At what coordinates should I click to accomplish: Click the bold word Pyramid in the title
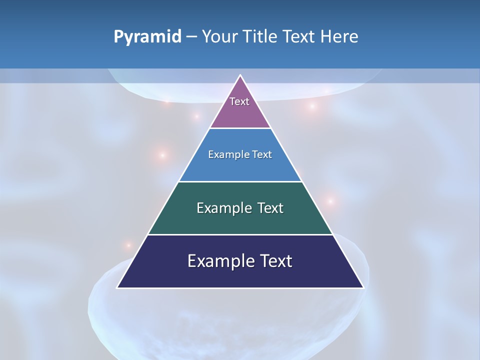(147, 37)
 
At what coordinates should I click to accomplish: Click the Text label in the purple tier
(239, 101)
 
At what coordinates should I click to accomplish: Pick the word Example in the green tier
(223, 208)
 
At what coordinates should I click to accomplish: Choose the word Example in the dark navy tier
(219, 261)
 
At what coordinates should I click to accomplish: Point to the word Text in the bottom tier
(274, 261)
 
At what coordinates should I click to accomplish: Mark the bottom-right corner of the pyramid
(363, 287)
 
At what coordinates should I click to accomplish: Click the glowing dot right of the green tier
(330, 201)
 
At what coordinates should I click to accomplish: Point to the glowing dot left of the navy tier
(128, 245)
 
